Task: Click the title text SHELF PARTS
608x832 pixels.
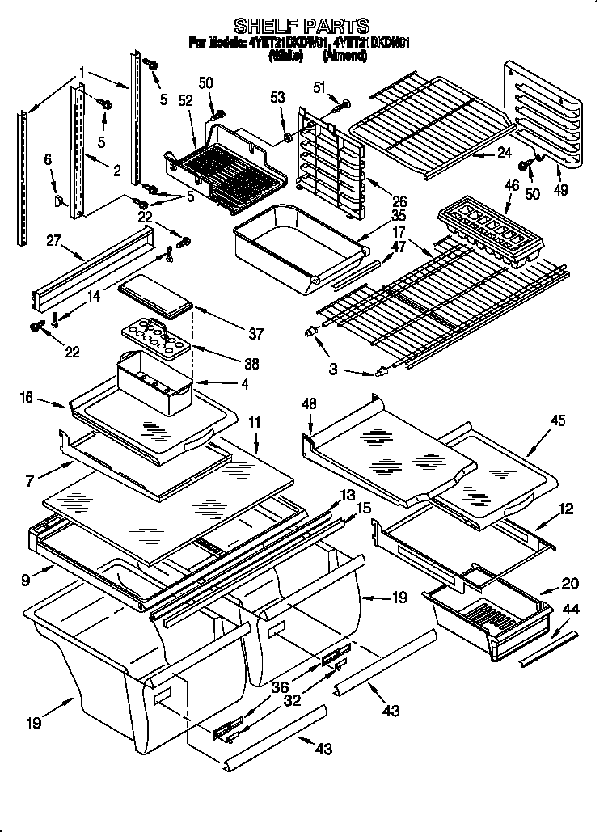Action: click(302, 26)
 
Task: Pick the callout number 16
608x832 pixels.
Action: click(25, 396)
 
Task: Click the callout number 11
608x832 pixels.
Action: click(255, 421)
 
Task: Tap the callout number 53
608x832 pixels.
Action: click(278, 98)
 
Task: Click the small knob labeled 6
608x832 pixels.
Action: click(61, 199)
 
